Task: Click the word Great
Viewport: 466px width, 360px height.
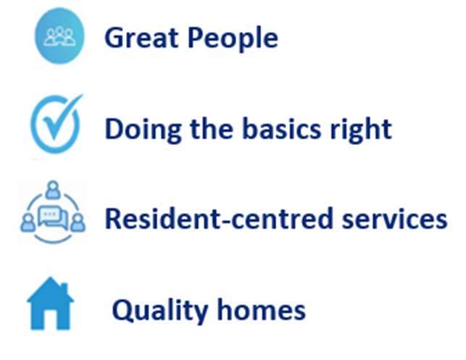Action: tap(141, 38)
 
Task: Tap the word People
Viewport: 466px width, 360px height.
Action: tap(233, 39)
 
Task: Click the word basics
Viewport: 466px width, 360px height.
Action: tap(282, 129)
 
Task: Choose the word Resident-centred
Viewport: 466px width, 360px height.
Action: tap(218, 219)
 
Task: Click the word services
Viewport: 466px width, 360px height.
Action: tap(395, 219)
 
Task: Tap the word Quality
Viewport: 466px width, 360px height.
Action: tap(160, 311)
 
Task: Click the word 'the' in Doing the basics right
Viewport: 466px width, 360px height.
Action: tap(212, 129)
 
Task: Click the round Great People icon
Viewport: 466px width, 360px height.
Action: tap(59, 36)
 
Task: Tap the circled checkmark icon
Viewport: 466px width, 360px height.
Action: tap(57, 124)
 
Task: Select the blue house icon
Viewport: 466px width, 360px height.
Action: tap(50, 304)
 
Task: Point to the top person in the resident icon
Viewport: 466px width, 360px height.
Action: tap(53, 189)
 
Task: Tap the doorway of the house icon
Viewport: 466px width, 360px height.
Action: tap(50, 320)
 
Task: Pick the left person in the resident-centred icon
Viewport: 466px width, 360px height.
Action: tap(28, 223)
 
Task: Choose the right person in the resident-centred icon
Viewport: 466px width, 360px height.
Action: tap(78, 223)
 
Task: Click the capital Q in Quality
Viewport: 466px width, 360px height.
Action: tap(122, 311)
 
